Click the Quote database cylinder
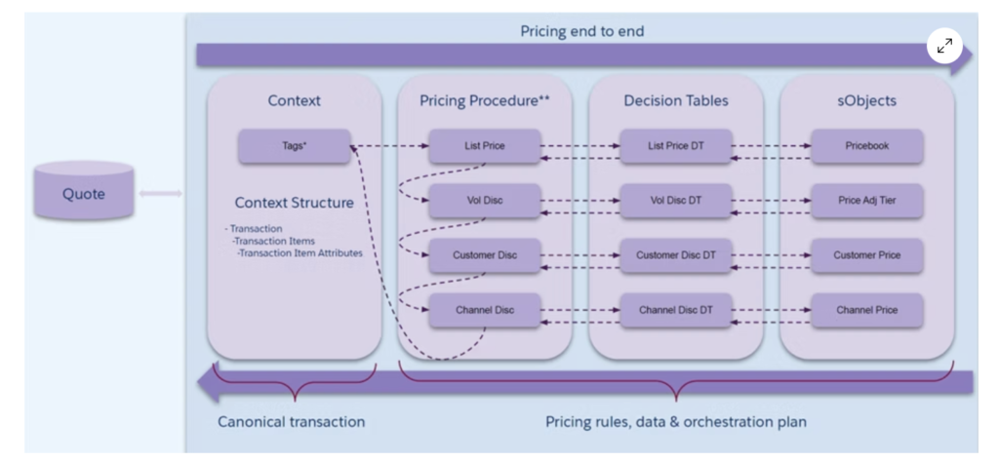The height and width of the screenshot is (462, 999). (83, 192)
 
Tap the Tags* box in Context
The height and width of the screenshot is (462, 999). (294, 147)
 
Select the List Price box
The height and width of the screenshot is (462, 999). (485, 147)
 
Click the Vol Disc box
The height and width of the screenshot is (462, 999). (485, 202)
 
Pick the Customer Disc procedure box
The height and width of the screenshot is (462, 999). (485, 255)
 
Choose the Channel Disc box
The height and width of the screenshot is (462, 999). (485, 310)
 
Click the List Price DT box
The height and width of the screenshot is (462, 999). (676, 147)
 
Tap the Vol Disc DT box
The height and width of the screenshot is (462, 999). (676, 202)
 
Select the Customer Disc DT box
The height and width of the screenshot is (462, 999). (676, 255)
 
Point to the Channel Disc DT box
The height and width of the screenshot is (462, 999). (676, 310)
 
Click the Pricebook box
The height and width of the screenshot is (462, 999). (867, 147)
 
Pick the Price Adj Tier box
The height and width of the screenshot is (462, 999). (867, 202)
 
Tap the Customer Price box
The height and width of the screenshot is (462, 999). (867, 255)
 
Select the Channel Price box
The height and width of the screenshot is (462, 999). (867, 310)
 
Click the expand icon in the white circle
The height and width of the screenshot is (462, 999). (944, 46)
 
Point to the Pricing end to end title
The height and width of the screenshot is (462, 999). (581, 31)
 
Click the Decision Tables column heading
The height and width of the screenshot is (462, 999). (676, 100)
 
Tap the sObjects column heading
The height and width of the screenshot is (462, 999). (867, 100)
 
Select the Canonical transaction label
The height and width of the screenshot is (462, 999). (291, 422)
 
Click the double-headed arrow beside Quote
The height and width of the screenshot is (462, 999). (160, 194)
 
